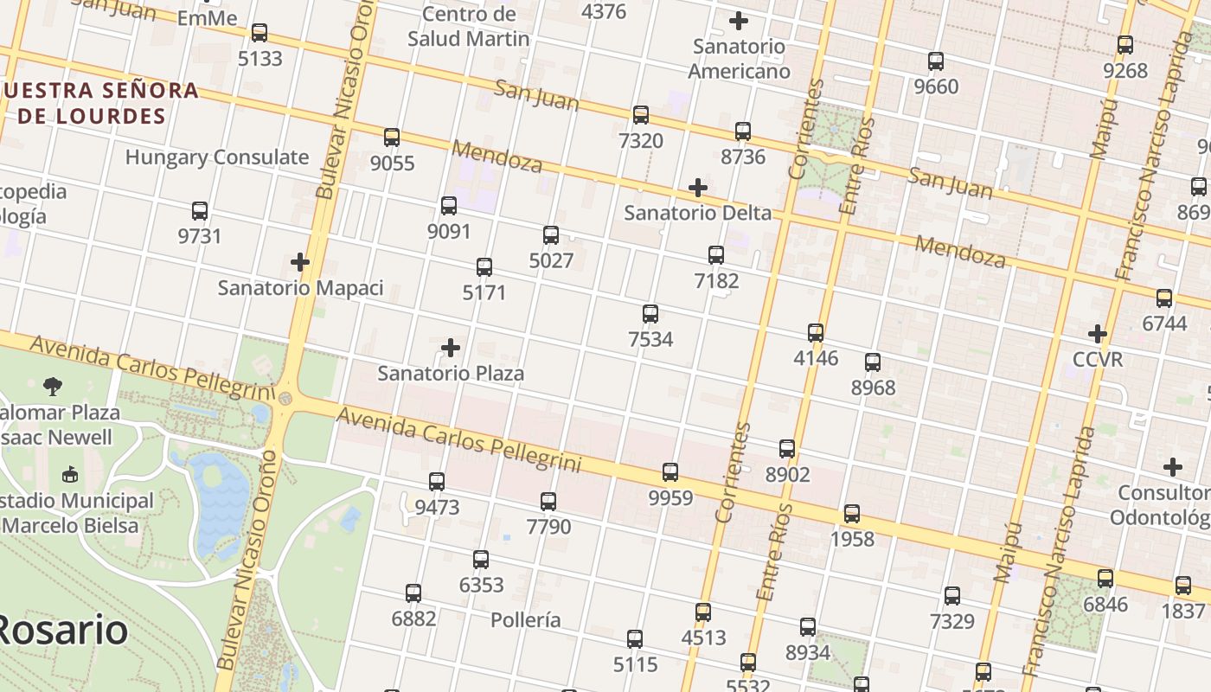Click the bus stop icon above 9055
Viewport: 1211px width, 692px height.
click(x=392, y=138)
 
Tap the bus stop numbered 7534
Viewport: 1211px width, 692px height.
click(x=650, y=314)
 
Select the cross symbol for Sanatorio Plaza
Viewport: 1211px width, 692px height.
click(x=451, y=349)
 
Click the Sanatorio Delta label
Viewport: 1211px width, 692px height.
click(x=697, y=213)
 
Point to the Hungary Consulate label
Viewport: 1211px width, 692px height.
click(x=216, y=157)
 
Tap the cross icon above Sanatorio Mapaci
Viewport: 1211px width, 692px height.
click(x=300, y=262)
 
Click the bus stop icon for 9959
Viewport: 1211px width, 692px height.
click(x=670, y=472)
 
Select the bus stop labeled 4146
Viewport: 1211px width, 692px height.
click(x=816, y=333)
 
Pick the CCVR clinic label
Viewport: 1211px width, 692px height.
click(x=1097, y=359)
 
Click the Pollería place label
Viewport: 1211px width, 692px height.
click(x=525, y=620)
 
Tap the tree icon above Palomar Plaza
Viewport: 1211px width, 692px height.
click(x=53, y=387)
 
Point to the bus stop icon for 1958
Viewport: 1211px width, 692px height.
click(x=852, y=514)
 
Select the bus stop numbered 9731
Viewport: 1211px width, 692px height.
click(x=200, y=211)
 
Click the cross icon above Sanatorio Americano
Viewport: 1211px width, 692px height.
click(x=739, y=21)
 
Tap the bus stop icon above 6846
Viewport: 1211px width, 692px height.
click(x=1105, y=579)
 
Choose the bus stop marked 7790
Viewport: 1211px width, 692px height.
click(x=548, y=502)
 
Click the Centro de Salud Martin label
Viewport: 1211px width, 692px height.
click(x=468, y=26)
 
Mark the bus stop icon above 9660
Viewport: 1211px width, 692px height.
click(x=936, y=61)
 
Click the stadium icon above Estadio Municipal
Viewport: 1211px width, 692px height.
click(x=70, y=474)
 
